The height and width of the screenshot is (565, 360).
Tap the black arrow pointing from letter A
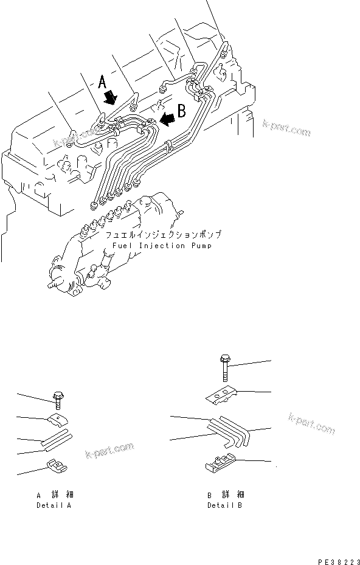click(111, 97)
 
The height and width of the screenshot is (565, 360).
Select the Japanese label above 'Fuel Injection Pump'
click(163, 235)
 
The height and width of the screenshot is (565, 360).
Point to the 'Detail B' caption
click(225, 505)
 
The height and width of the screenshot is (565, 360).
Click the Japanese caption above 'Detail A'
click(55, 495)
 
